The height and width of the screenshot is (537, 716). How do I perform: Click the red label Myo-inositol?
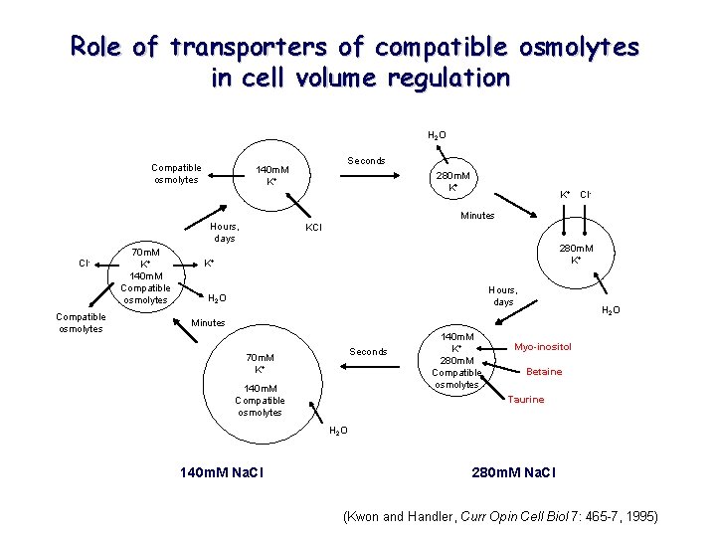542,347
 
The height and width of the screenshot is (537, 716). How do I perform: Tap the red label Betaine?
544,372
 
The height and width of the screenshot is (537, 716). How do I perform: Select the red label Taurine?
525,400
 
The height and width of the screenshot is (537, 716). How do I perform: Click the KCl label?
313,228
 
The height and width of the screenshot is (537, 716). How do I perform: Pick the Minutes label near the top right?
477,215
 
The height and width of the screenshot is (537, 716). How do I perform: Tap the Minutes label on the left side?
208,323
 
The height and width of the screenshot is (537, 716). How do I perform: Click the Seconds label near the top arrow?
366,161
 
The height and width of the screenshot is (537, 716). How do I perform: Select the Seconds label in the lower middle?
368,352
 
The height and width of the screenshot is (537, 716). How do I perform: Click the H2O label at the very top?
437,135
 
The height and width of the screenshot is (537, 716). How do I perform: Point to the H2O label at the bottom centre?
338,430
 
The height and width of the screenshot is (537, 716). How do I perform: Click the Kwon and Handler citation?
500,516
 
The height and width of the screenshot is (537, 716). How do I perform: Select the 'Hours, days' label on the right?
503,295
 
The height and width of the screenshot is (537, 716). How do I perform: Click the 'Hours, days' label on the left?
224,233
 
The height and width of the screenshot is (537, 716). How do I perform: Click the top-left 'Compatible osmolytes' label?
176,174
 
